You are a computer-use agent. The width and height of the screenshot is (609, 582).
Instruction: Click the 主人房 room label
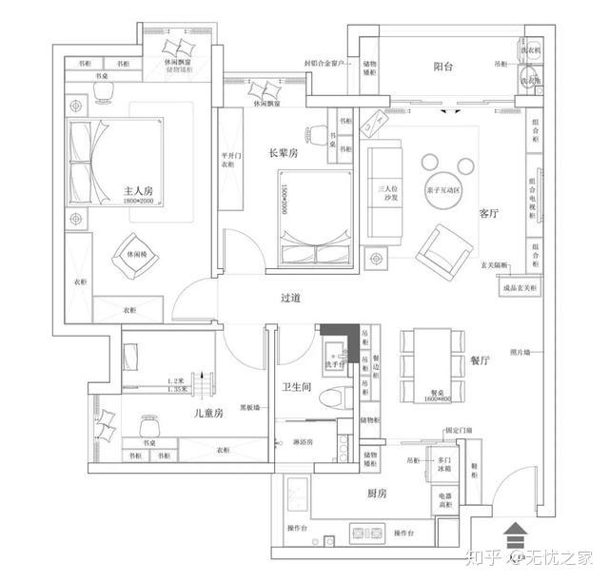(138, 191)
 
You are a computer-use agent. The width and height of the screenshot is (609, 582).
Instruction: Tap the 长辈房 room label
(284, 151)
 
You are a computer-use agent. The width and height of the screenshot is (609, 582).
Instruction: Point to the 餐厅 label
(480, 361)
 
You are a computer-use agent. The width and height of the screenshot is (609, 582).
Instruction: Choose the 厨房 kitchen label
(376, 494)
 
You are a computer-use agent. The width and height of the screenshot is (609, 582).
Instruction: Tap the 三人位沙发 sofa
(387, 194)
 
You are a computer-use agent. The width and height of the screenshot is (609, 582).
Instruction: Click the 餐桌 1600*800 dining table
(425, 366)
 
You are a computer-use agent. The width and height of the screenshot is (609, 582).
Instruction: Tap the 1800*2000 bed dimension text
(138, 202)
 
